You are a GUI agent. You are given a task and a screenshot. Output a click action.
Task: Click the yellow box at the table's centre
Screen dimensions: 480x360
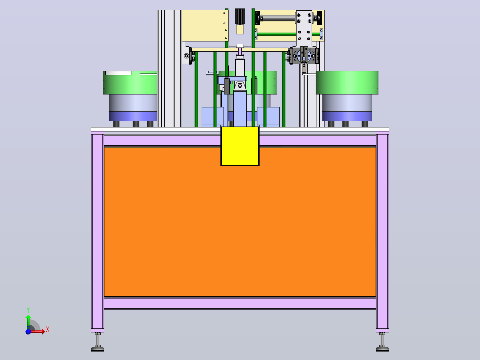point(240,146)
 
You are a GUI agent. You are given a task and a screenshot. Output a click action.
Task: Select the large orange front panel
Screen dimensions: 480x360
point(240,222)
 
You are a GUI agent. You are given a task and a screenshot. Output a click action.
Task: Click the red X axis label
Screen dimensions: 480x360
point(48,330)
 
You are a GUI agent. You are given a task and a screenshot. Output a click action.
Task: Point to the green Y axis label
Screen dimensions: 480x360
point(28,310)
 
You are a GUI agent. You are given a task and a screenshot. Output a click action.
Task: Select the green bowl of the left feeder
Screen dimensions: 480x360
point(130,83)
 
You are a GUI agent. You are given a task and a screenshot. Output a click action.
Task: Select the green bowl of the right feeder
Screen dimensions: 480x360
point(347,83)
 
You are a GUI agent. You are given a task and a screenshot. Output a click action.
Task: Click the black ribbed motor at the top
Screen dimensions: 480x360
point(240,16)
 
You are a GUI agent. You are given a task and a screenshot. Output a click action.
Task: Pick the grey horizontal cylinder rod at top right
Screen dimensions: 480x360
point(279,18)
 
